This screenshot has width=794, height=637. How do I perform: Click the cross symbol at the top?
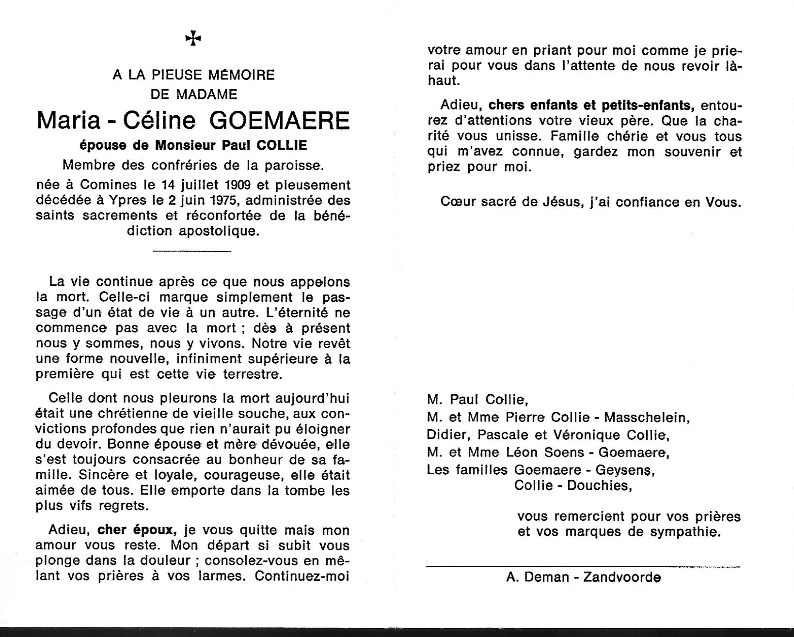[x=193, y=38]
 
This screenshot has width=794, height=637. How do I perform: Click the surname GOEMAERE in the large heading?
[x=280, y=121]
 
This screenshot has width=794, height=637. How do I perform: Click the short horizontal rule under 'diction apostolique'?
[x=192, y=250]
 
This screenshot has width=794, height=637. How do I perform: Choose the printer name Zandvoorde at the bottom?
[x=622, y=577]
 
